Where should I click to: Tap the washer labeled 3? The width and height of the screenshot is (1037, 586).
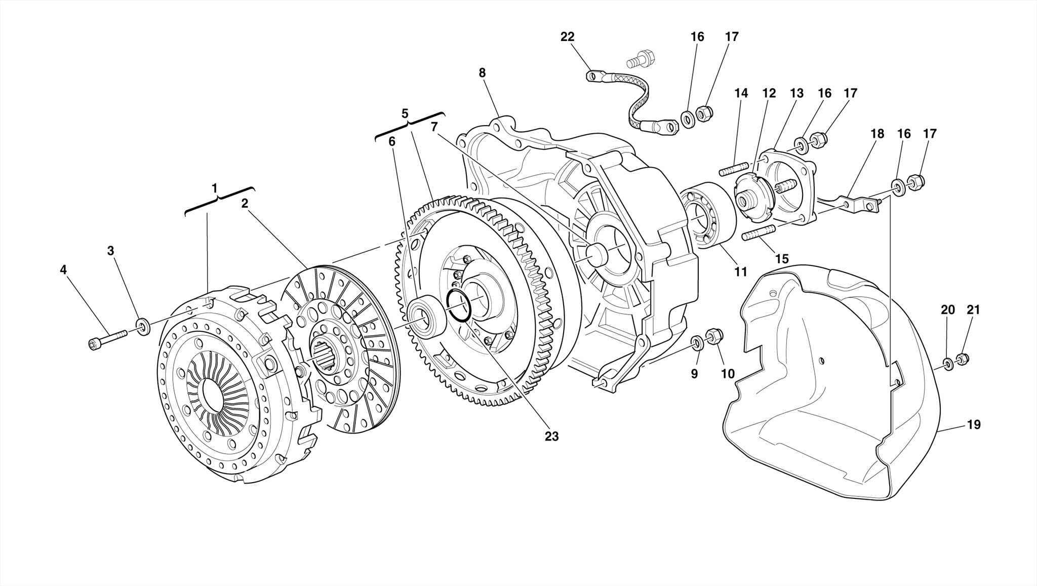pos(143,326)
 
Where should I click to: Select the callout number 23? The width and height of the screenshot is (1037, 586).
pos(551,437)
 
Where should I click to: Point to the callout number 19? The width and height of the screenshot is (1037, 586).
pos(973,425)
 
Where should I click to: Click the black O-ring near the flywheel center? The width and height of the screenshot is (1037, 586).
pos(459,305)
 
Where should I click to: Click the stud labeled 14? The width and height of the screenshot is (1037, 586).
pos(734,168)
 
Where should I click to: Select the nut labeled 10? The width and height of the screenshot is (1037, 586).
pos(715,336)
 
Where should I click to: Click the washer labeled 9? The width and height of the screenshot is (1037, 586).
pos(697,343)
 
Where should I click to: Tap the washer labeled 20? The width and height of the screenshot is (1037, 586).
pos(947,363)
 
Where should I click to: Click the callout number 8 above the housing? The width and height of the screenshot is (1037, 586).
pos(482,73)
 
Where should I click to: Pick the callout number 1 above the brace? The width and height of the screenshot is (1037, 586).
pos(215,188)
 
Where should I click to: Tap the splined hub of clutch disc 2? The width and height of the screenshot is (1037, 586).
pos(322,350)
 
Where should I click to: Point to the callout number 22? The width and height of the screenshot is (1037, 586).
pos(567,37)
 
